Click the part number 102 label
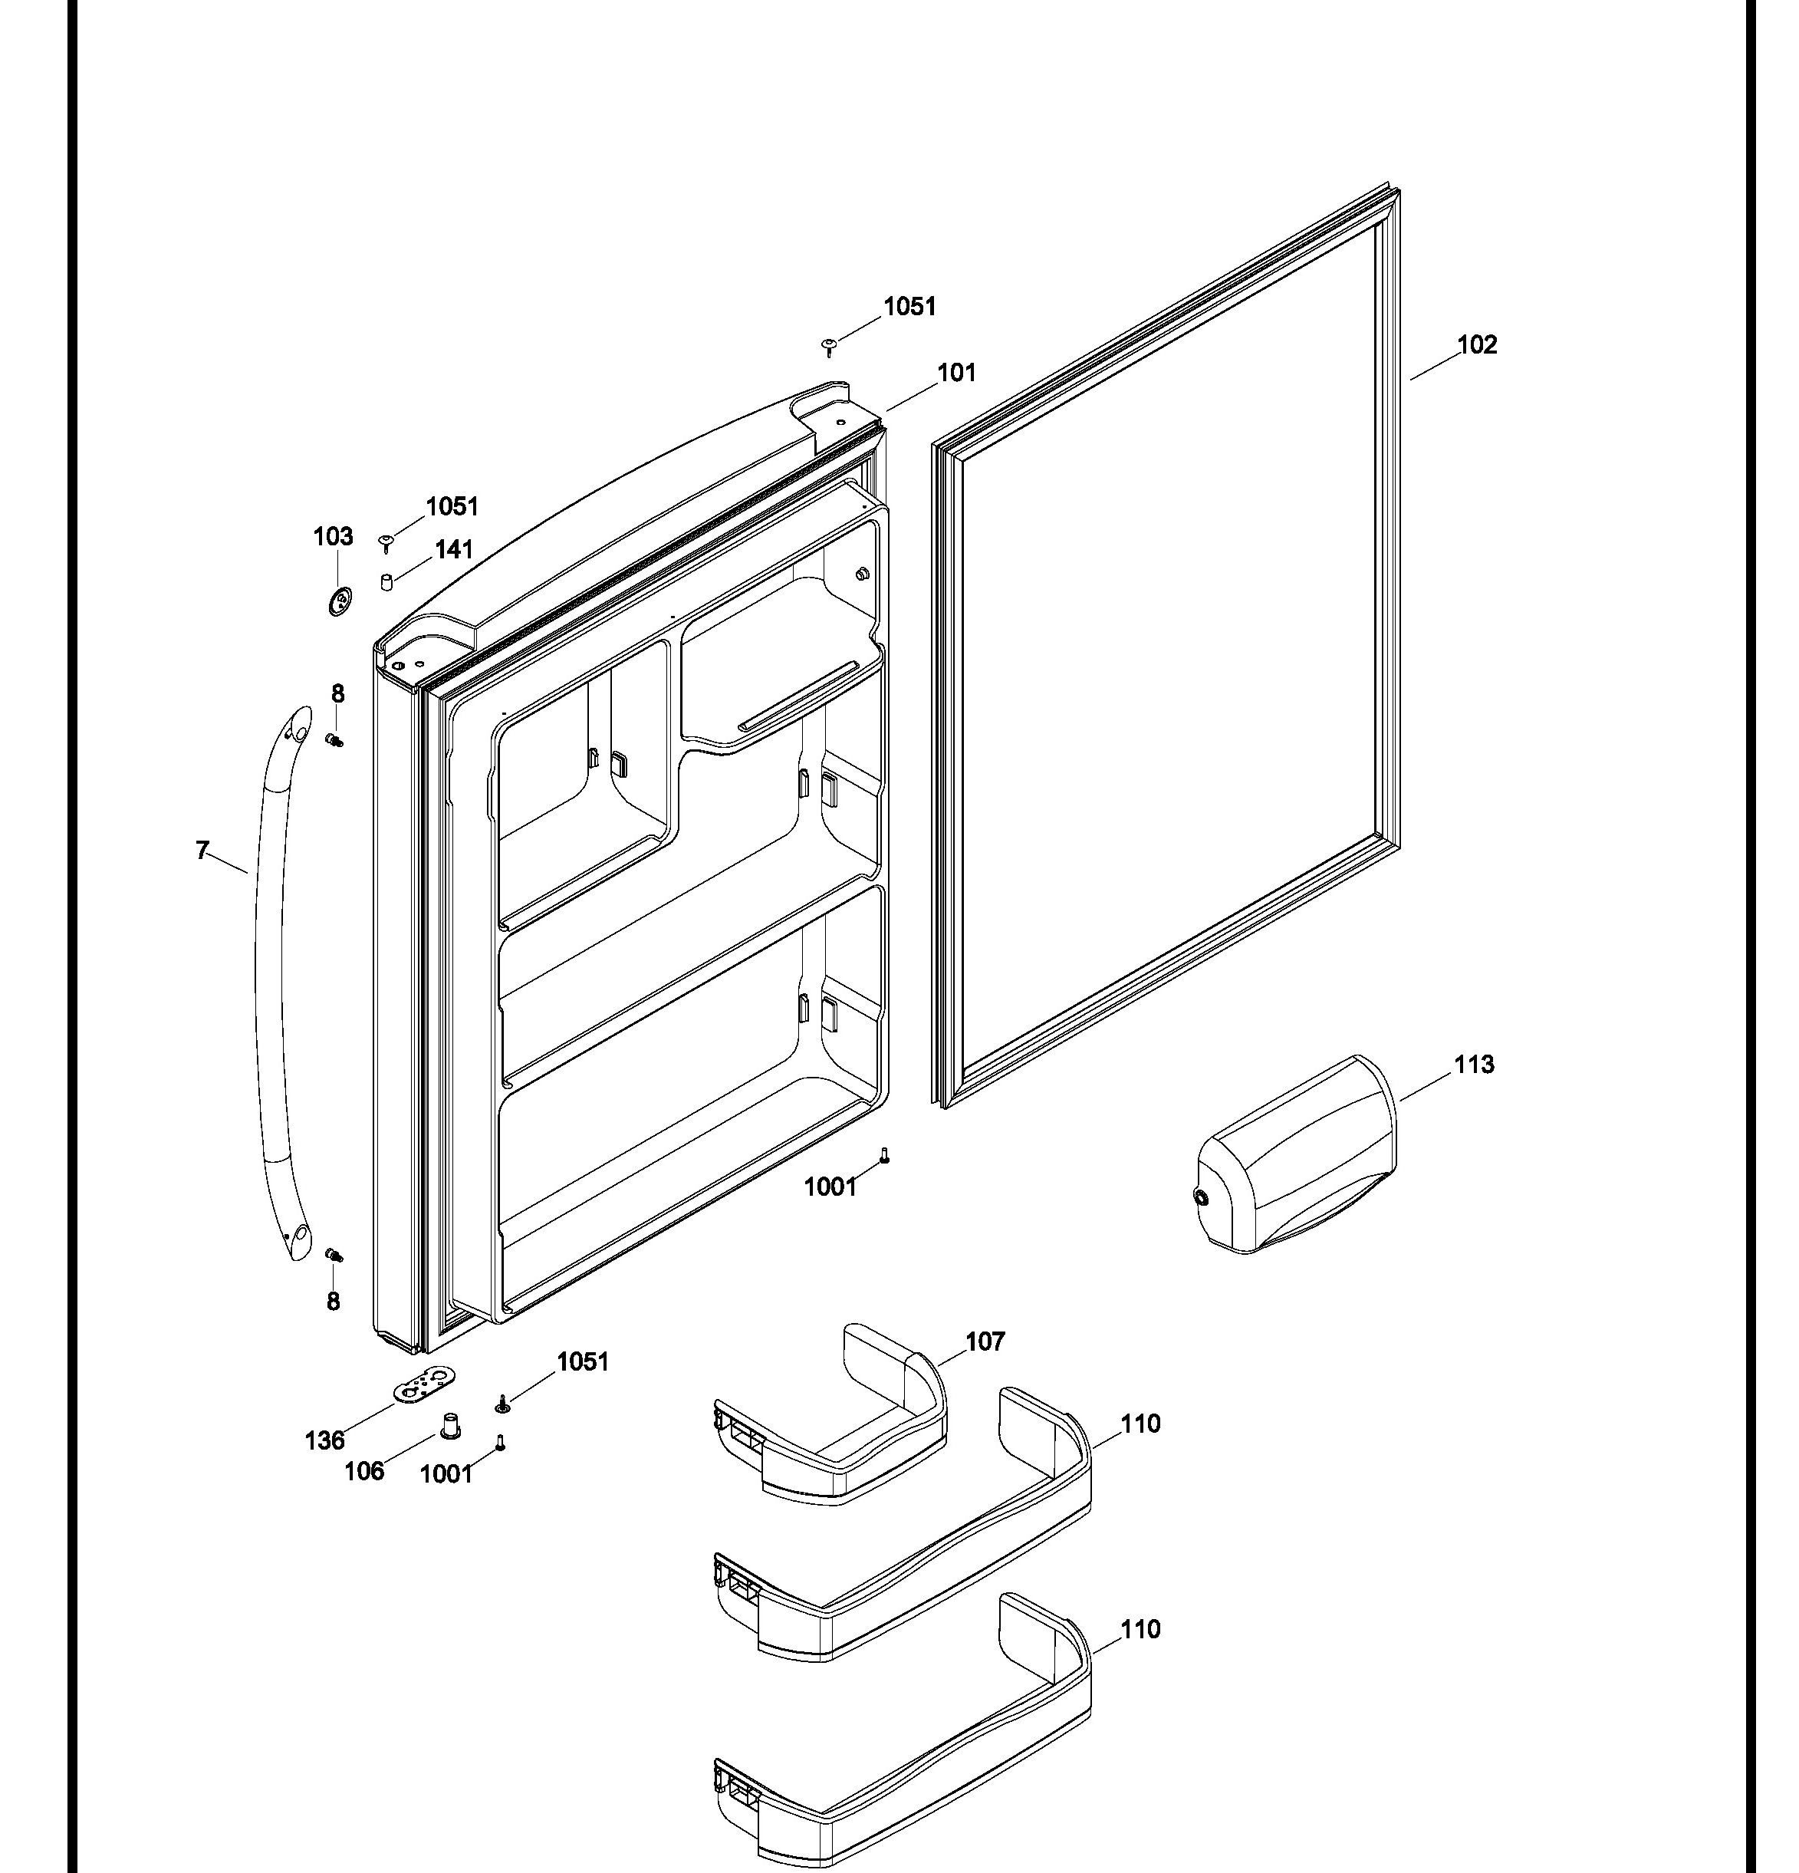pos(1477,345)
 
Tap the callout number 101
pos(956,373)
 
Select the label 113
pos(1474,1065)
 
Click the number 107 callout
pos(985,1341)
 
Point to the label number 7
pos(202,851)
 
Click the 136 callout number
pos(325,1440)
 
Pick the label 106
pos(364,1470)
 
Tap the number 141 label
pos(454,549)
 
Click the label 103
pos(334,537)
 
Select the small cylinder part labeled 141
pos(387,582)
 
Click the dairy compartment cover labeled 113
pos(1297,1154)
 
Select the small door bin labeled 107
pos(831,1415)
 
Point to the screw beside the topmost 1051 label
pos(829,346)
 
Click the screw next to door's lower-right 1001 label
pos(885,1154)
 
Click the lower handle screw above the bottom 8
pos(334,1254)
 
